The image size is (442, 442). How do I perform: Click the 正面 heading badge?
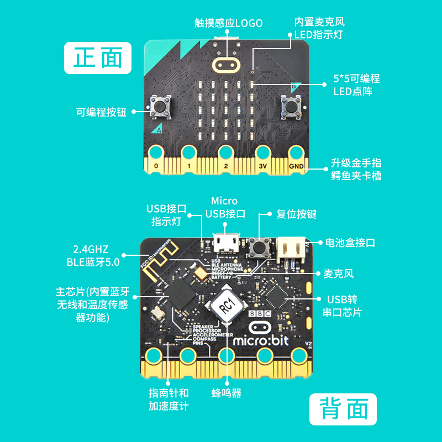point(98,58)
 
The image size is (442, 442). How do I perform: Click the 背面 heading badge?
point(343,410)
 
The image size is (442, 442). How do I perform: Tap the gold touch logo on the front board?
point(225,65)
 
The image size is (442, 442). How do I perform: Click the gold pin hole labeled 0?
point(156,152)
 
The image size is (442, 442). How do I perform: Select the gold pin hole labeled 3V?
point(263,152)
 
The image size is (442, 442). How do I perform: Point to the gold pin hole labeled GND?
point(296,152)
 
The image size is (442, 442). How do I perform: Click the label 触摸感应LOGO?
point(229,23)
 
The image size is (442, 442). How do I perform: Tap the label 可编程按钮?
point(101,112)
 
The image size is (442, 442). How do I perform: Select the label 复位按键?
point(296,214)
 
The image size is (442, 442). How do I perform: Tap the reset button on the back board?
point(258,246)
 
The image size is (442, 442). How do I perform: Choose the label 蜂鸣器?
point(227,393)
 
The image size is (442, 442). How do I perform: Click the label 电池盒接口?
point(350,243)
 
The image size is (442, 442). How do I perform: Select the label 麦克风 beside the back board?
point(339,273)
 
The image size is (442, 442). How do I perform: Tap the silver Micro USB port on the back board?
point(225,242)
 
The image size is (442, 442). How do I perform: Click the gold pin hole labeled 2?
point(225,152)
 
